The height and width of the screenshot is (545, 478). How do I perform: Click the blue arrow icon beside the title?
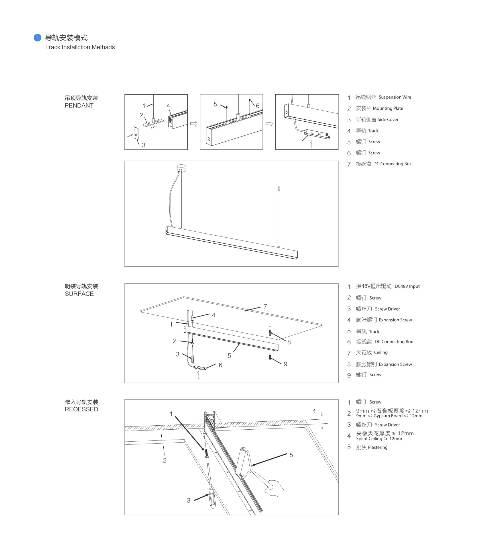(37, 38)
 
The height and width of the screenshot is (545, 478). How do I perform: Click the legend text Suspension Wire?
(395, 97)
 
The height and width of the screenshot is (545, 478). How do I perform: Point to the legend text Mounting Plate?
(388, 108)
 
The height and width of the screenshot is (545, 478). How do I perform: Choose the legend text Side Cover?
(388, 120)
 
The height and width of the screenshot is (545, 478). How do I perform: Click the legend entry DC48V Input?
(407, 286)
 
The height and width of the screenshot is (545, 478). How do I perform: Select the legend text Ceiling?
(381, 352)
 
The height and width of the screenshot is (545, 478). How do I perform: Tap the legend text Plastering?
(378, 447)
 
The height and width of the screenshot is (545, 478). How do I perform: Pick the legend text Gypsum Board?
(388, 416)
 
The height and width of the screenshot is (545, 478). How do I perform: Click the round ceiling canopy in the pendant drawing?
(181, 168)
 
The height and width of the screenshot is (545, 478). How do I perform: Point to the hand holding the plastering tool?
(274, 488)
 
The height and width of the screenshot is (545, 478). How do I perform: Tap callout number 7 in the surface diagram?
(265, 307)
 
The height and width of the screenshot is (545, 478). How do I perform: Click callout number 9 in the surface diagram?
(286, 364)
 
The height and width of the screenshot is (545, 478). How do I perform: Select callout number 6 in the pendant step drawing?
(258, 106)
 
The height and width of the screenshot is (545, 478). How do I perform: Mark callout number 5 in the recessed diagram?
(291, 455)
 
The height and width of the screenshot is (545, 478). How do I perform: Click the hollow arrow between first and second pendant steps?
(194, 124)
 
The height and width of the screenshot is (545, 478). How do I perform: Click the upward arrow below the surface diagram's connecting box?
(198, 375)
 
